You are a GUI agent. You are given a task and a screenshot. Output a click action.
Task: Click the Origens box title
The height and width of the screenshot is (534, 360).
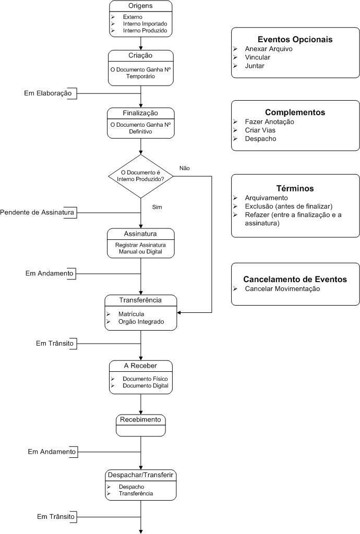140,6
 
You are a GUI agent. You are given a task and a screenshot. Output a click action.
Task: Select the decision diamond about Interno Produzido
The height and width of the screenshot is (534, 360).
141,176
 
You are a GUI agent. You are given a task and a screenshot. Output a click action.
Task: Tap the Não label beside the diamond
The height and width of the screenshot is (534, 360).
185,168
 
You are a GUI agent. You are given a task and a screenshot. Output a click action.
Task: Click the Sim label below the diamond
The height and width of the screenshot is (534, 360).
157,207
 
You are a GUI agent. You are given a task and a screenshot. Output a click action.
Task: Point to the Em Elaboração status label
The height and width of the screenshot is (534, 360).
48,93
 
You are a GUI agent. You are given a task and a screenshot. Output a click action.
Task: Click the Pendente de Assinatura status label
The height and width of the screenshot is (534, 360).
37,213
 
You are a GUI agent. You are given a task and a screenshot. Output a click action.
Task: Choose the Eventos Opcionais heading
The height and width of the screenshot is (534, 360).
295,40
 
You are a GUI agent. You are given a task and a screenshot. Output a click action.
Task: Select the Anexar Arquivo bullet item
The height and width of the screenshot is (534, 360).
269,48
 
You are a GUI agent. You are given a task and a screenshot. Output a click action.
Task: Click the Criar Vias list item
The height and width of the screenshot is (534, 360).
260,130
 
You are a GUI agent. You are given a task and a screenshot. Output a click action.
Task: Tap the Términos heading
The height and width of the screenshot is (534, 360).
295,188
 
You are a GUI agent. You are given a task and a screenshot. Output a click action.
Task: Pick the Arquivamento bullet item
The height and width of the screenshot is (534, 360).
266,198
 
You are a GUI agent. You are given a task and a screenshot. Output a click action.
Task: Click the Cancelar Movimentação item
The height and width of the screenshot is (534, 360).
282,289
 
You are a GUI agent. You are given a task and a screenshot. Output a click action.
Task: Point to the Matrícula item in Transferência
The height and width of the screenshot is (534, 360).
131,314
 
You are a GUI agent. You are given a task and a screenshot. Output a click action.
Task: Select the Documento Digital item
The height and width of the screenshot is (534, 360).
146,385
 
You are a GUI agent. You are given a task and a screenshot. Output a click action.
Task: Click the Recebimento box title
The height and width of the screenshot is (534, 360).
140,420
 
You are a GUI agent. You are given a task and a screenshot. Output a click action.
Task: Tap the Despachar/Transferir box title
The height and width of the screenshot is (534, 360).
141,475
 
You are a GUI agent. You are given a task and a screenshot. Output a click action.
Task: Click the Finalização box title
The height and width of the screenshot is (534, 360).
140,113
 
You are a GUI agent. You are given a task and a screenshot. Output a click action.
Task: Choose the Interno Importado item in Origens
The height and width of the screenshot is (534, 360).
145,24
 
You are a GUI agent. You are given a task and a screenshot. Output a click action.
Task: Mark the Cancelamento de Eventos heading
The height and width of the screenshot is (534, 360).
295,280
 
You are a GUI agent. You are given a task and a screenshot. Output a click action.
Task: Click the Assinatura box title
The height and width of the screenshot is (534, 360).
140,234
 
